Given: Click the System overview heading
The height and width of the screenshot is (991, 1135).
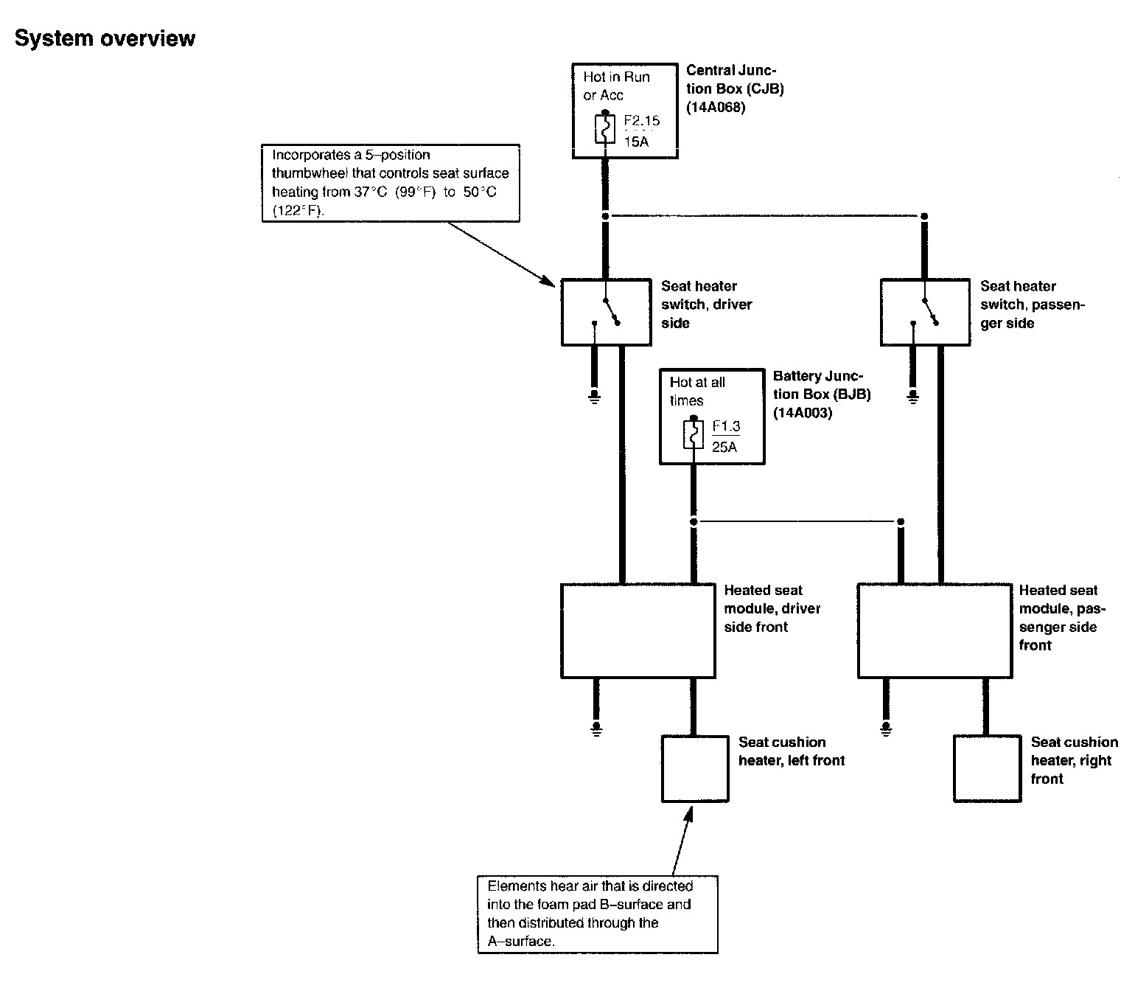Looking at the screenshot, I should click(105, 38).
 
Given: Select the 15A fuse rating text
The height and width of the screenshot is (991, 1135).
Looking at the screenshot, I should click(636, 141).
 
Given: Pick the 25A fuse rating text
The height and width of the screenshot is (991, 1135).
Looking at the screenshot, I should click(724, 446).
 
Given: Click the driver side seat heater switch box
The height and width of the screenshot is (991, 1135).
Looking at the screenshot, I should click(606, 311).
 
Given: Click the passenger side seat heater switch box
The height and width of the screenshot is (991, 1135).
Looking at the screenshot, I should click(925, 311).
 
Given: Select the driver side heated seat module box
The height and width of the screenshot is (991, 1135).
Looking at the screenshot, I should click(638, 630).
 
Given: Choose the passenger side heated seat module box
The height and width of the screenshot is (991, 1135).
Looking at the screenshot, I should click(935, 630).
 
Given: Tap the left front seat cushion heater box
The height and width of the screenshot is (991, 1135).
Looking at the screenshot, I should click(694, 768).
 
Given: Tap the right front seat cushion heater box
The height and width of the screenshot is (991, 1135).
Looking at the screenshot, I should click(986, 768).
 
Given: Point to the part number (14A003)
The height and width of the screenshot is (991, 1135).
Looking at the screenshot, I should click(803, 413).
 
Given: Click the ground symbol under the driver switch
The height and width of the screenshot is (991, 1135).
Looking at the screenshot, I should click(594, 399).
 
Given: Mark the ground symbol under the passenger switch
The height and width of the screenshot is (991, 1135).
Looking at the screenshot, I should click(913, 399).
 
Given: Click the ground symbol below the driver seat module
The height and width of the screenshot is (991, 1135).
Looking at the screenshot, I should click(596, 729).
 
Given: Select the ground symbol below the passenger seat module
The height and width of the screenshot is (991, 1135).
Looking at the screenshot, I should click(885, 729).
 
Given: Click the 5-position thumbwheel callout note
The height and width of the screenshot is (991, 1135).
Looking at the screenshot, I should click(391, 183).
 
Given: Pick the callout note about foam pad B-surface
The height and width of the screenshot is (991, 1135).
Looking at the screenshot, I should click(597, 914).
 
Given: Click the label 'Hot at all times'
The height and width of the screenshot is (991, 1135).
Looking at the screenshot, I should click(696, 392).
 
